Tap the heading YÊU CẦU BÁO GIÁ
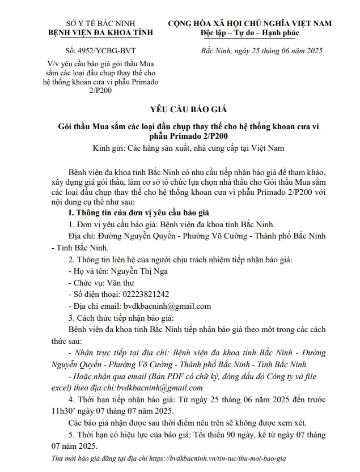[x=180, y=109]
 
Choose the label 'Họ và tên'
[x=87, y=271]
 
